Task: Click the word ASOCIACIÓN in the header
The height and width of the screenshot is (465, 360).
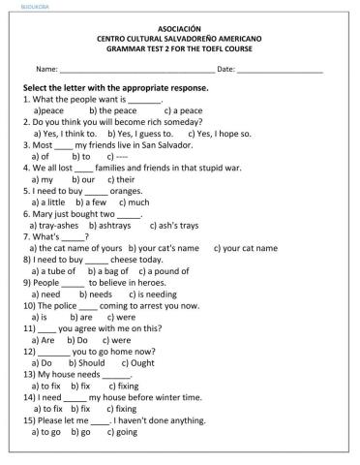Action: coord(179,29)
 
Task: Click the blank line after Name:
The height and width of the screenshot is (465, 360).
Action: coord(136,71)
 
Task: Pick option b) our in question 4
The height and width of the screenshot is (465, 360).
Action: coord(81,179)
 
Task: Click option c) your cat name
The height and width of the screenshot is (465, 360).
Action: coord(245,248)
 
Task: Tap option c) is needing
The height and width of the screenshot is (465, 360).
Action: coord(152,294)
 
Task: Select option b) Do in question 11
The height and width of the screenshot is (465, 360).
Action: coord(77,340)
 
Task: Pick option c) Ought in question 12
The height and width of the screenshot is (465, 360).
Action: coord(136,362)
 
